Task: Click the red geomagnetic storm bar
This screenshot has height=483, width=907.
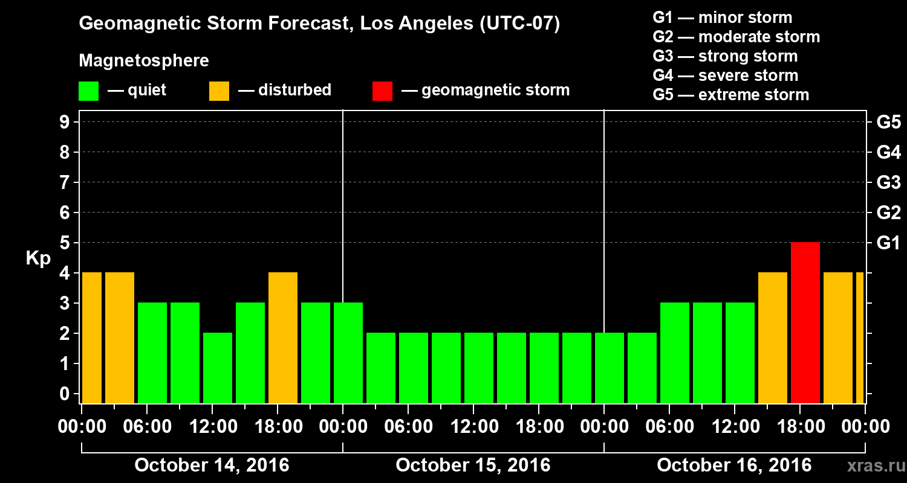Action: [x=805, y=322]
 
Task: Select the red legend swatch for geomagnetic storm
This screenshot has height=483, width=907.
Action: [x=382, y=91]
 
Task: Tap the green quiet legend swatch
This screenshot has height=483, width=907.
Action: [x=88, y=91]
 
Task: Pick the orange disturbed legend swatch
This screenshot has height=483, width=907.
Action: [x=219, y=91]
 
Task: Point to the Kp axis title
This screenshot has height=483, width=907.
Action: [x=38, y=258]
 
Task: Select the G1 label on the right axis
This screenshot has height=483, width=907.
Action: [x=888, y=243]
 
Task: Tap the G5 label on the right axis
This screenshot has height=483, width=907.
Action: [x=888, y=122]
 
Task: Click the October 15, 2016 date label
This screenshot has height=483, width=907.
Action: [x=473, y=465]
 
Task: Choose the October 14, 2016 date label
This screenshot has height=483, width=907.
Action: [x=212, y=465]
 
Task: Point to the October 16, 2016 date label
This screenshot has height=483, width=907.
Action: [x=734, y=465]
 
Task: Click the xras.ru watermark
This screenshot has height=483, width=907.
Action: [x=871, y=465]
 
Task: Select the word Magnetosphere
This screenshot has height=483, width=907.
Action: [x=144, y=61]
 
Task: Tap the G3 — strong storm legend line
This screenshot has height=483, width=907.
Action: [x=725, y=56]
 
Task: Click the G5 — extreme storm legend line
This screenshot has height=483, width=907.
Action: [x=730, y=95]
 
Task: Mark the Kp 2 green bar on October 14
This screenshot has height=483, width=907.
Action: [x=218, y=368]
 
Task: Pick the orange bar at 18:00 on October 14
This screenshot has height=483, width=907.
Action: [x=283, y=337]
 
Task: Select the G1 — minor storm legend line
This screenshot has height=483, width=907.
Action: [x=723, y=18]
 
